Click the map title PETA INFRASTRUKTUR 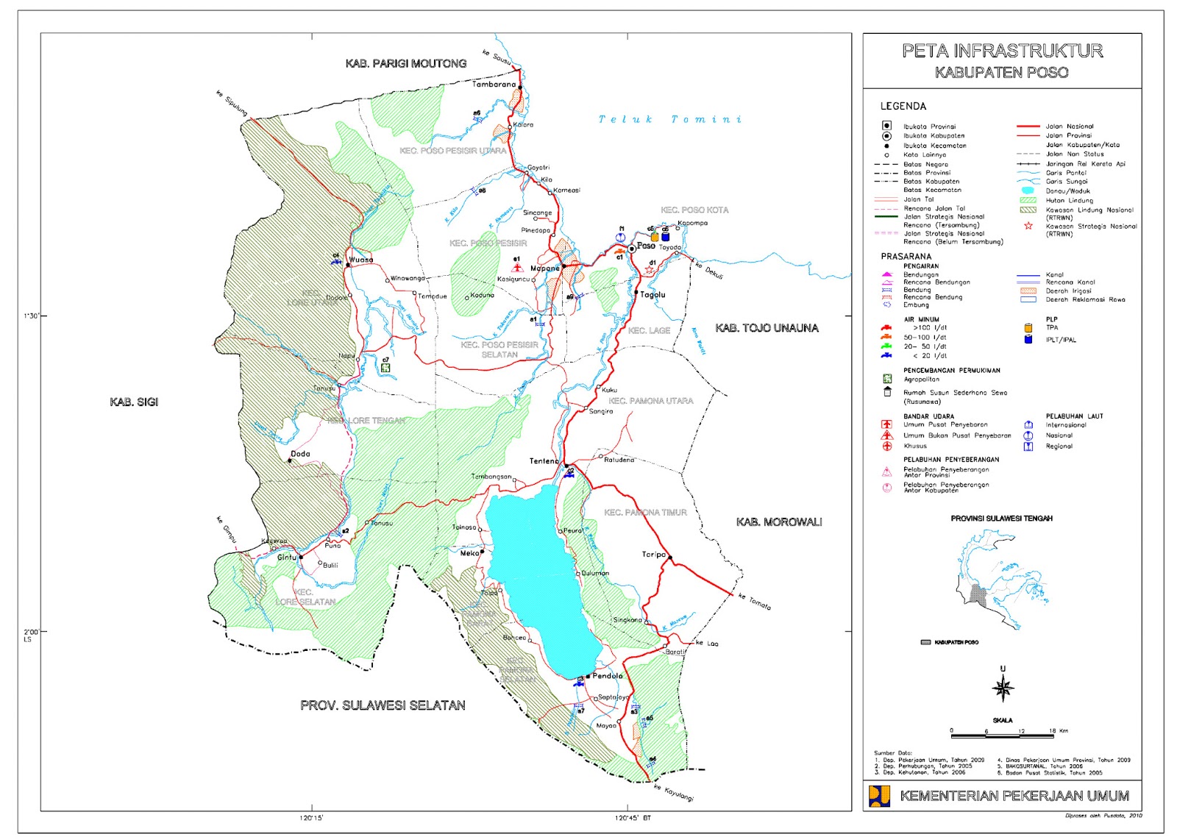1002,51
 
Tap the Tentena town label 544,461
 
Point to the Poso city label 646,246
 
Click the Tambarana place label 494,85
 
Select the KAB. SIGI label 134,402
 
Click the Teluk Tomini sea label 669,119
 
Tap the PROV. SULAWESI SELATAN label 383,705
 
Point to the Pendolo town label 608,676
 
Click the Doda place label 300,454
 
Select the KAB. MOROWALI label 779,522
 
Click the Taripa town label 653,555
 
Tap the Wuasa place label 361,260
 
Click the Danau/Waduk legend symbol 1028,191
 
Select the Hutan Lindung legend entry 1069,200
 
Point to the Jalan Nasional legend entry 1069,127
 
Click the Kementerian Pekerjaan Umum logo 880,796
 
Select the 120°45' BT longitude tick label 633,818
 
